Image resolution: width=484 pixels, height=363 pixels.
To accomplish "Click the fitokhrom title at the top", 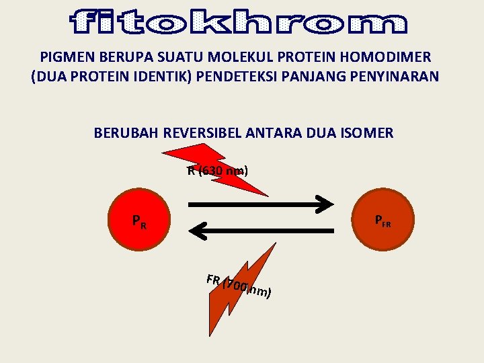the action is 239,22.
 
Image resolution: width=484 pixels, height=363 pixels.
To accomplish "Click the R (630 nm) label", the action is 217,171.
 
